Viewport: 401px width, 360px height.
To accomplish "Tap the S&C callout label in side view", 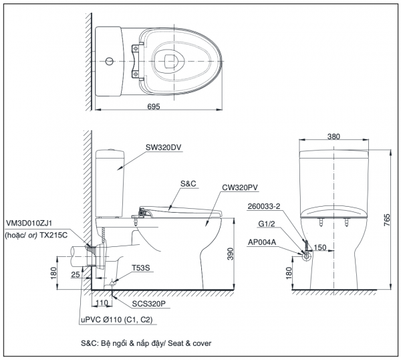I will [x=189, y=183].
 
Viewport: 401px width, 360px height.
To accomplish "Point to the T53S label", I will [x=141, y=268].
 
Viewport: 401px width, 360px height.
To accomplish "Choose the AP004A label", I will [x=261, y=244].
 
